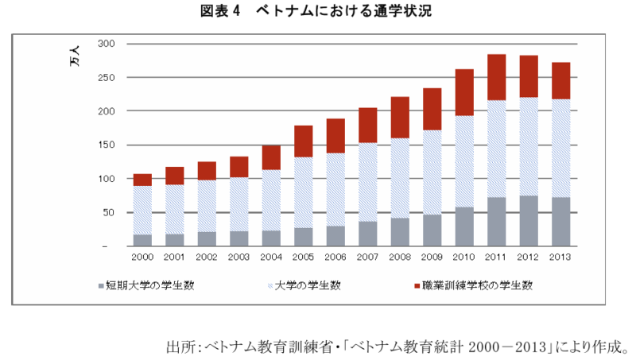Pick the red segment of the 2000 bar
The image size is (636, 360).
click(x=142, y=180)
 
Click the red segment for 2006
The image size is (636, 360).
click(x=335, y=136)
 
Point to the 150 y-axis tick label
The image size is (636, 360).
click(x=107, y=145)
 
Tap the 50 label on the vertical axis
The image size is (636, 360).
click(x=109, y=213)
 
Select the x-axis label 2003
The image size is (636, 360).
click(x=239, y=257)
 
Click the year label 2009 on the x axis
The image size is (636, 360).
click(x=432, y=257)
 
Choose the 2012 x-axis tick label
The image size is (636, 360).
click(x=529, y=257)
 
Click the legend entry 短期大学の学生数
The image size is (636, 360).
click(x=144, y=285)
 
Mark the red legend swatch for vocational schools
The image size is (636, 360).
click(x=417, y=285)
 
